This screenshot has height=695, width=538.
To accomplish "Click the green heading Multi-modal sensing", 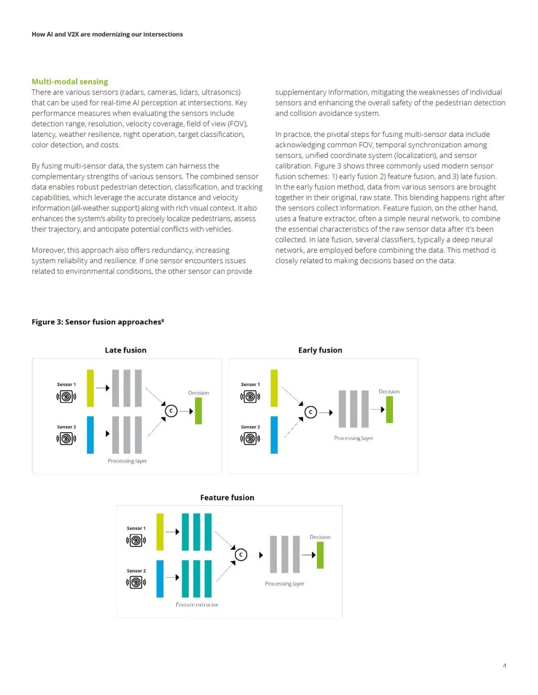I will [70, 82].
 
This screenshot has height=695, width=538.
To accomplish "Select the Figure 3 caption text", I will [98, 322].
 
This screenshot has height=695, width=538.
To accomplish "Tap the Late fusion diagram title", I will [126, 350].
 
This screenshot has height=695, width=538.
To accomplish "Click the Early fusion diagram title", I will [320, 350].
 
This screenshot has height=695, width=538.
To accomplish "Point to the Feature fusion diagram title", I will [227, 497].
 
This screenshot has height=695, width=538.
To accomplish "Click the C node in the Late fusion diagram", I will [171, 411].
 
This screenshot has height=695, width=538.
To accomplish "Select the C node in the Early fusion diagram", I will [311, 412].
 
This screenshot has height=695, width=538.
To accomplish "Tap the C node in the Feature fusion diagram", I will [241, 554].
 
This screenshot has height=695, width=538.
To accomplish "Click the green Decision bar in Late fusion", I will [198, 411].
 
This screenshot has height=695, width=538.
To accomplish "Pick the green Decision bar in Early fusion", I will [390, 409].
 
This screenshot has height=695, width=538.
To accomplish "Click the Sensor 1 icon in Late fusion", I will [66, 397].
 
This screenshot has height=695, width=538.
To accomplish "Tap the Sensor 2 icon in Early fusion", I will [250, 438].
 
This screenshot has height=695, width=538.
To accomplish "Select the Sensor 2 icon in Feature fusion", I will [136, 582].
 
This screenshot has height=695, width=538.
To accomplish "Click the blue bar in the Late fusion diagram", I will [90, 435].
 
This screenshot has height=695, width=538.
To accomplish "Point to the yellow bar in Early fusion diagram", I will [274, 388].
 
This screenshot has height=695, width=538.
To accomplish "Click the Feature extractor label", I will [197, 605].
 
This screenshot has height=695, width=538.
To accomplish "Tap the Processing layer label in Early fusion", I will [353, 438].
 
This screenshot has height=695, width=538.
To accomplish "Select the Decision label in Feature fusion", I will [320, 537].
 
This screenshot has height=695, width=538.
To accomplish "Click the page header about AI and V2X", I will [107, 34].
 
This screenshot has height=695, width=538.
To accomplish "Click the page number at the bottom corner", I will [505, 666].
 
